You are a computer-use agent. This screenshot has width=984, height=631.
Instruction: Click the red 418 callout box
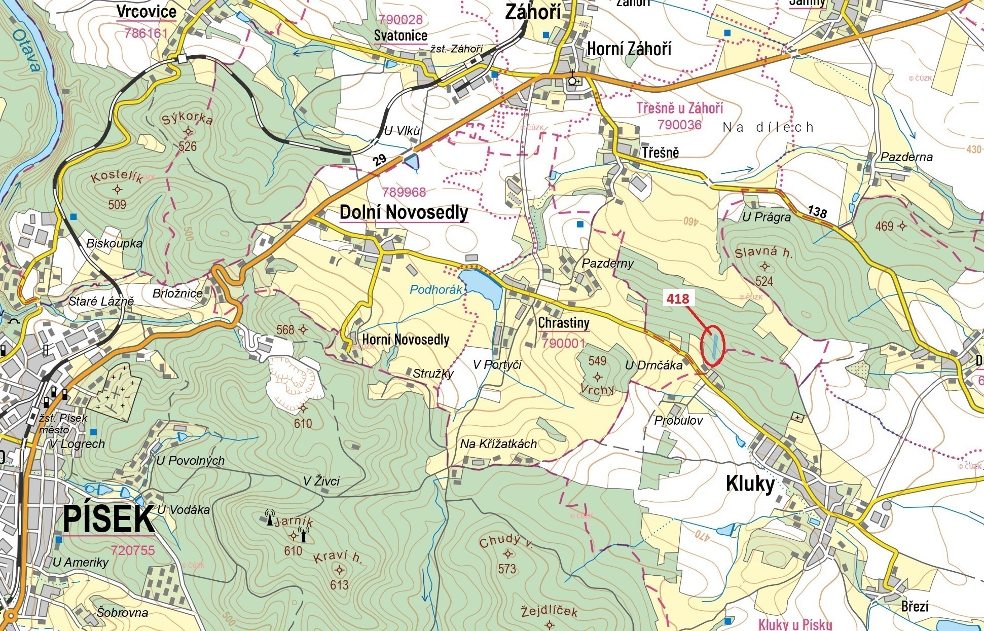click(678, 299)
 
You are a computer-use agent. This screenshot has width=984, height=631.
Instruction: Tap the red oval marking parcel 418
click(713, 346)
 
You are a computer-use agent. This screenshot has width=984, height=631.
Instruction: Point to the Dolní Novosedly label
click(404, 212)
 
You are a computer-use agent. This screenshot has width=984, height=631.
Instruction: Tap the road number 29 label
click(379, 160)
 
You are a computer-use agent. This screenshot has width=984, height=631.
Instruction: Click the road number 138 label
click(817, 211)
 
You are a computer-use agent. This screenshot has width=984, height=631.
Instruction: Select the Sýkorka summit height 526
click(187, 146)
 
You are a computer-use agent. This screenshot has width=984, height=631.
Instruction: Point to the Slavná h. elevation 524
click(764, 281)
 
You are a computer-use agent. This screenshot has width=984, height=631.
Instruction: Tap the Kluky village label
click(750, 484)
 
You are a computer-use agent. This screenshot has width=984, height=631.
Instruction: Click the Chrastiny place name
click(563, 323)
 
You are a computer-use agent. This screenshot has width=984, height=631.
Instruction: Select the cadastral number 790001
click(563, 343)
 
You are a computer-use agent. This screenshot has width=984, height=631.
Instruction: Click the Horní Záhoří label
click(629, 49)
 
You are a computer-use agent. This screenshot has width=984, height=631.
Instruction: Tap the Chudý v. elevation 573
click(506, 569)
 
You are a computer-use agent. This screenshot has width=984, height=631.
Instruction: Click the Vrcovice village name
click(146, 12)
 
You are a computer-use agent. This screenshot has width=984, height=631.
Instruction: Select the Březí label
click(915, 606)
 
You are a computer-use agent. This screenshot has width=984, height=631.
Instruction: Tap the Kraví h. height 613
click(339, 585)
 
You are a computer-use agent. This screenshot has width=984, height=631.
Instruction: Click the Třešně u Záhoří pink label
click(679, 108)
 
